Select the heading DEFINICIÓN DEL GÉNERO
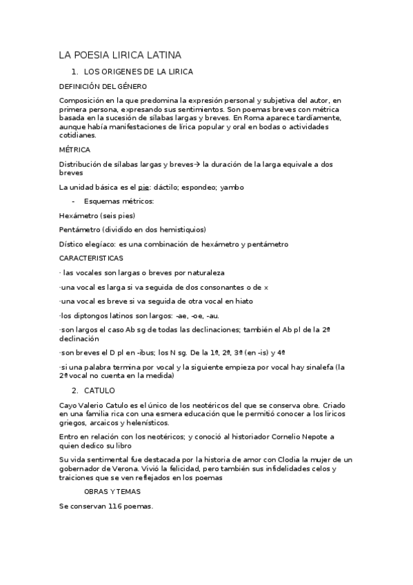click(x=103, y=86)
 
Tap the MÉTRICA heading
click(x=74, y=150)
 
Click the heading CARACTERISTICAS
click(x=92, y=258)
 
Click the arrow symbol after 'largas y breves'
click(x=197, y=163)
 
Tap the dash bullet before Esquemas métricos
click(x=73, y=201)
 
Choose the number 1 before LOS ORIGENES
click(x=74, y=72)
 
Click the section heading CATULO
click(x=99, y=390)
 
